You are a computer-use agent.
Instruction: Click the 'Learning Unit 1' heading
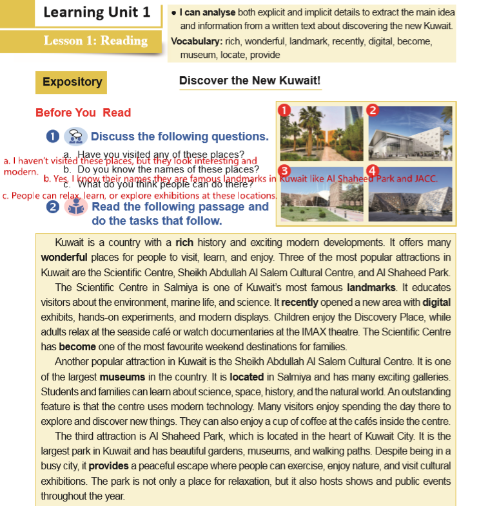(x=97, y=12)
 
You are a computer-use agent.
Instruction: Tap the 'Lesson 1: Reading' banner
(x=95, y=41)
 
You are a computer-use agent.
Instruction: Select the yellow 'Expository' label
(x=72, y=82)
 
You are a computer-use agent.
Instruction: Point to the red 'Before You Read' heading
(x=83, y=113)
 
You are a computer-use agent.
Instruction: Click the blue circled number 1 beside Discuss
(x=53, y=136)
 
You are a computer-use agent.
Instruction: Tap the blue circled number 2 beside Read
(x=53, y=207)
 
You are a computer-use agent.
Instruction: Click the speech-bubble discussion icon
(x=75, y=136)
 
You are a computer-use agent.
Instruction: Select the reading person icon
(x=76, y=207)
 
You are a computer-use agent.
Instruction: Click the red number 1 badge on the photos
(x=284, y=109)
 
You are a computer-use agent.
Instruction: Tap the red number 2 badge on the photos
(x=371, y=109)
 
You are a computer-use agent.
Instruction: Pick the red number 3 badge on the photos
(x=284, y=171)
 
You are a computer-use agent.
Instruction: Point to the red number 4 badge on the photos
(x=372, y=171)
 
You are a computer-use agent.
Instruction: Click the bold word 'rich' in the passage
(x=184, y=243)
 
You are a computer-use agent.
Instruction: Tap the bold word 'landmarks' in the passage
(x=369, y=287)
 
